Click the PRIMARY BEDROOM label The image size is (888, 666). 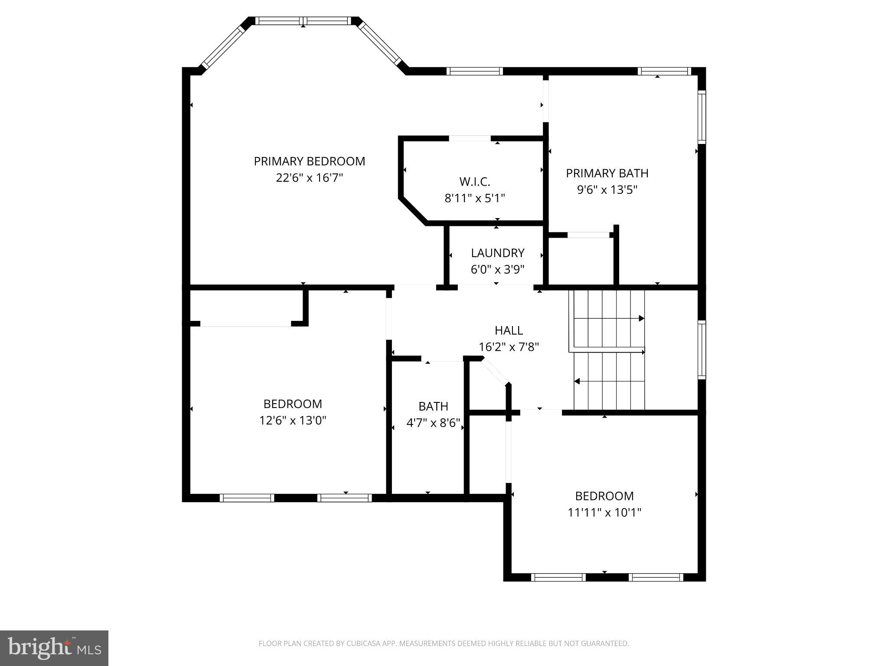(309, 161)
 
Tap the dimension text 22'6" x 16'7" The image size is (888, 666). (309, 178)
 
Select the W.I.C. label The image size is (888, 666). (474, 182)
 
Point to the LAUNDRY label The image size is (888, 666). (497, 253)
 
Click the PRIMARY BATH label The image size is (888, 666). (607, 173)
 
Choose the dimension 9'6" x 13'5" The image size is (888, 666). (607, 190)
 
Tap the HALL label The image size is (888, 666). (509, 330)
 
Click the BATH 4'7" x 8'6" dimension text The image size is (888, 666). (433, 423)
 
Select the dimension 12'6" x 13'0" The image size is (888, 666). (293, 421)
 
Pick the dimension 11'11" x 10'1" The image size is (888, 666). (604, 513)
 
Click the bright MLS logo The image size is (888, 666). (54, 648)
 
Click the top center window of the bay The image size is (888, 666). (303, 21)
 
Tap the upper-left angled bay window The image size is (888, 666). (224, 46)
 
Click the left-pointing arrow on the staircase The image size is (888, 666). (578, 382)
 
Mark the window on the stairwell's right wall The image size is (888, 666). (701, 349)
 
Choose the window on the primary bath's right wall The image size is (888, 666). (701, 117)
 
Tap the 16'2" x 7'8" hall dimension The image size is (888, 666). (509, 347)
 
